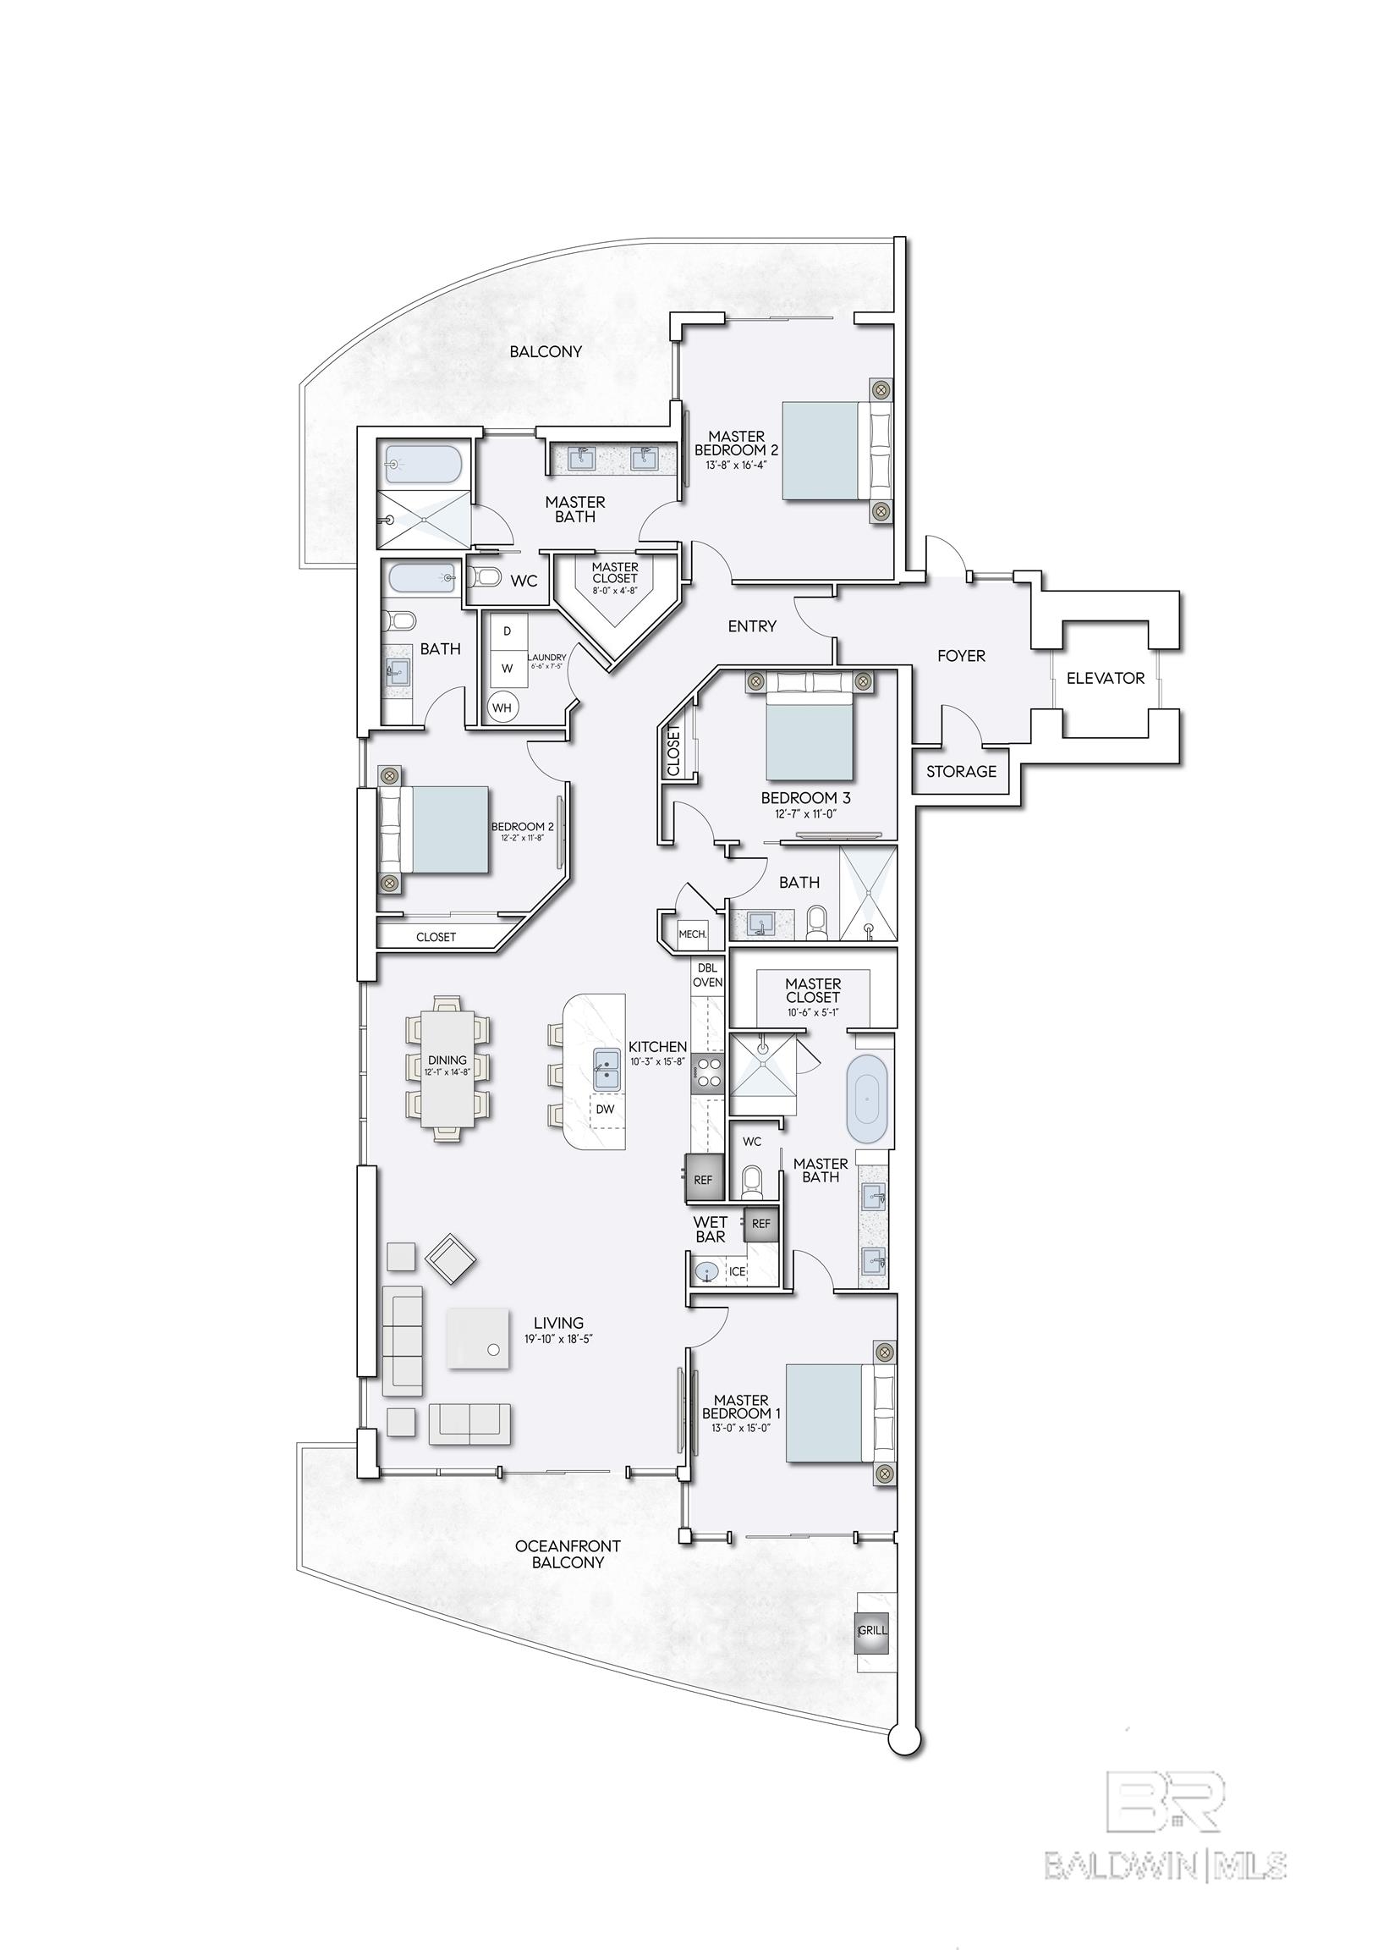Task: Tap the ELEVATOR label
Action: pos(1105,678)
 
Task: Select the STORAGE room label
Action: pos(961,771)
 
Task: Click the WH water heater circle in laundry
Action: pos(502,707)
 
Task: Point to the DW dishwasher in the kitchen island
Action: pos(606,1110)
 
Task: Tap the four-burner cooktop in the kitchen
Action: pos(708,1073)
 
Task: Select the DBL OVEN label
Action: pos(708,974)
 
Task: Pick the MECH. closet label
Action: pos(692,934)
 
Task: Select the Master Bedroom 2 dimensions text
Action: pos(735,465)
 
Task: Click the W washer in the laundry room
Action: pos(507,668)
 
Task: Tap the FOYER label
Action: pos(961,656)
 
